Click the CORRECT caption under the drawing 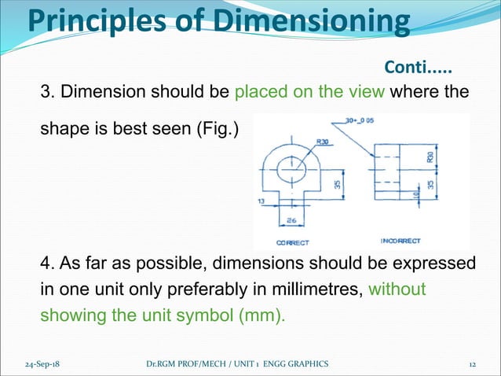point(292,242)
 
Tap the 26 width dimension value point(291,220)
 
